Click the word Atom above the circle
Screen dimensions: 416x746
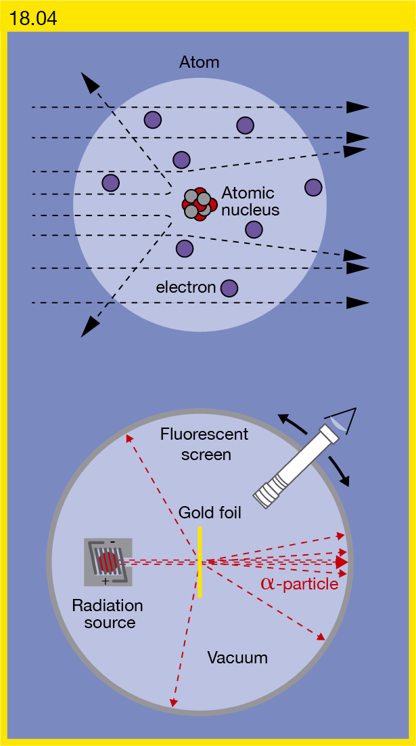point(200,62)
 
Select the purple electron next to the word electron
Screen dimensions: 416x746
point(229,288)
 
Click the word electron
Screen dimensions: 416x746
point(186,287)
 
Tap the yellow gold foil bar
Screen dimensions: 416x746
point(201,562)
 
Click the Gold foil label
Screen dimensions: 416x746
point(210,513)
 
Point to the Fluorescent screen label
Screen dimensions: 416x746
point(204,444)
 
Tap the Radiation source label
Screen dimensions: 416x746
point(107,614)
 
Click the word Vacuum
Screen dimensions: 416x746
point(237,658)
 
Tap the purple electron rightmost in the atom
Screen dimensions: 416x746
point(313,187)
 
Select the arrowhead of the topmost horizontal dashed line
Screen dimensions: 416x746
point(357,107)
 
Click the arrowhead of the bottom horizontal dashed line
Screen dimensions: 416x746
point(357,303)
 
